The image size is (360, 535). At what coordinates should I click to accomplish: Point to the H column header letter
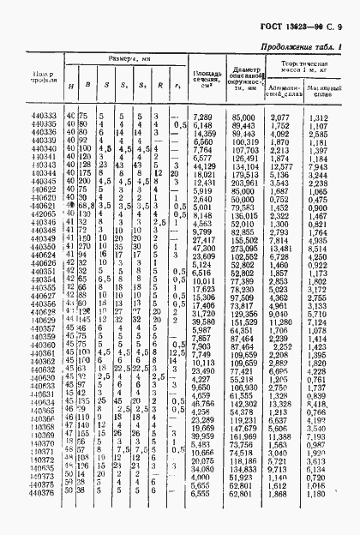click(69, 87)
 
